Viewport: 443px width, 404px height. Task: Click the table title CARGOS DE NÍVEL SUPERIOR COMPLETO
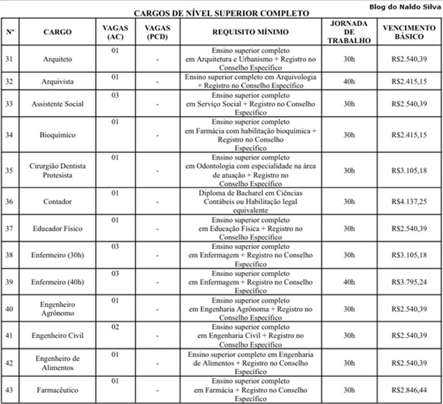click(x=221, y=13)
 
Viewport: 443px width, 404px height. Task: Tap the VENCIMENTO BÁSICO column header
click(x=409, y=32)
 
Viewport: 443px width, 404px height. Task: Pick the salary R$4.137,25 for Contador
click(x=409, y=202)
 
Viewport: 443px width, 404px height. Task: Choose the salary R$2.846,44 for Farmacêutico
click(x=409, y=390)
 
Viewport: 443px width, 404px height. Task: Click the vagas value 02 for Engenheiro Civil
click(x=115, y=326)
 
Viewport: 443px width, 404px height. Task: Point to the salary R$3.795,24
click(x=409, y=282)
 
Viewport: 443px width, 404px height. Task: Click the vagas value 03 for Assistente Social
click(x=115, y=95)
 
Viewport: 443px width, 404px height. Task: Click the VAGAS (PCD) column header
click(x=157, y=32)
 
